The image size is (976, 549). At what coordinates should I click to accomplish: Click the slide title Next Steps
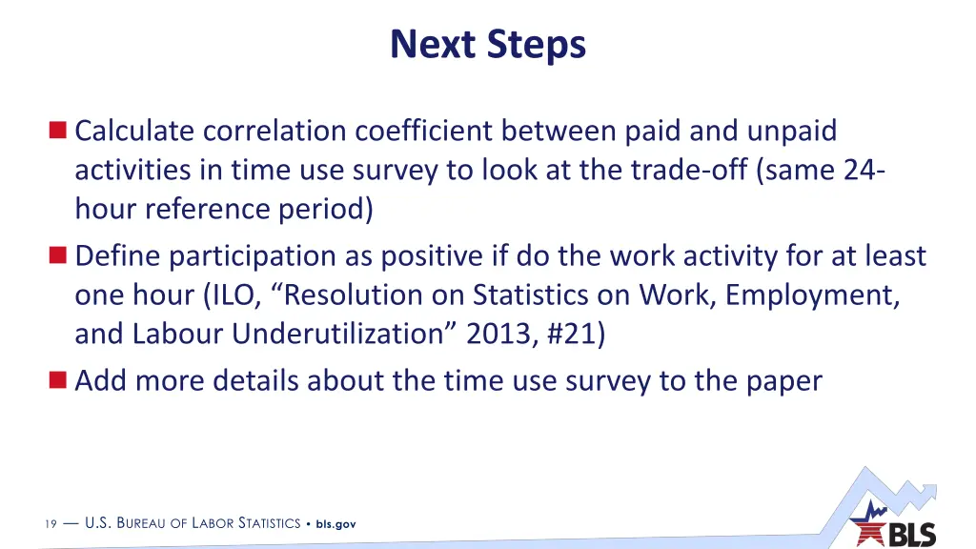488,44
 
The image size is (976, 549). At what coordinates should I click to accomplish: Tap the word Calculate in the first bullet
134,131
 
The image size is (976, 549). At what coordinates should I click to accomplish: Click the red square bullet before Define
59,255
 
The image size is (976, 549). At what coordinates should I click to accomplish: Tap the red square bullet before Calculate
59,131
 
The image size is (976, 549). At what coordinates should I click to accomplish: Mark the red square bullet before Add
59,380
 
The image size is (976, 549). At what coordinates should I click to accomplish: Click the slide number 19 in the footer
50,523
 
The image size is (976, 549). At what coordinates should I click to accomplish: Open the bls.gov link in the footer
336,523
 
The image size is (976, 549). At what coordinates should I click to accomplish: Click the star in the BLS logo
869,527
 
